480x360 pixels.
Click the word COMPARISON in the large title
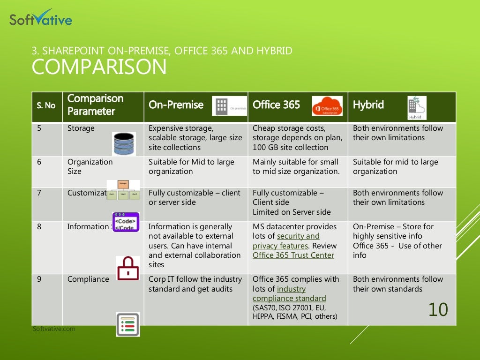coord(99,67)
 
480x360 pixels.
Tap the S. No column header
coord(46,105)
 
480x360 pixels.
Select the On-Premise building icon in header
coord(229,106)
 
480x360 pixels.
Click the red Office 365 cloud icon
coord(327,106)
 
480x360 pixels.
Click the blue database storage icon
coord(124,143)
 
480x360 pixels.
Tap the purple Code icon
coord(126,222)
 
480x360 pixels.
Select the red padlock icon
coord(127,269)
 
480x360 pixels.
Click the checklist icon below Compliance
coord(127,324)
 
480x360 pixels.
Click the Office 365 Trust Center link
coord(293,255)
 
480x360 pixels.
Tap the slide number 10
coord(438,310)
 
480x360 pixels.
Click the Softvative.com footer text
coord(54,329)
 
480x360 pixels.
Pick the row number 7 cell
coord(39,193)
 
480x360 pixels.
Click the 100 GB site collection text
coord(290,147)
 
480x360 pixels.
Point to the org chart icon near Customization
coord(123,190)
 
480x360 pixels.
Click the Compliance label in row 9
coord(88,279)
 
